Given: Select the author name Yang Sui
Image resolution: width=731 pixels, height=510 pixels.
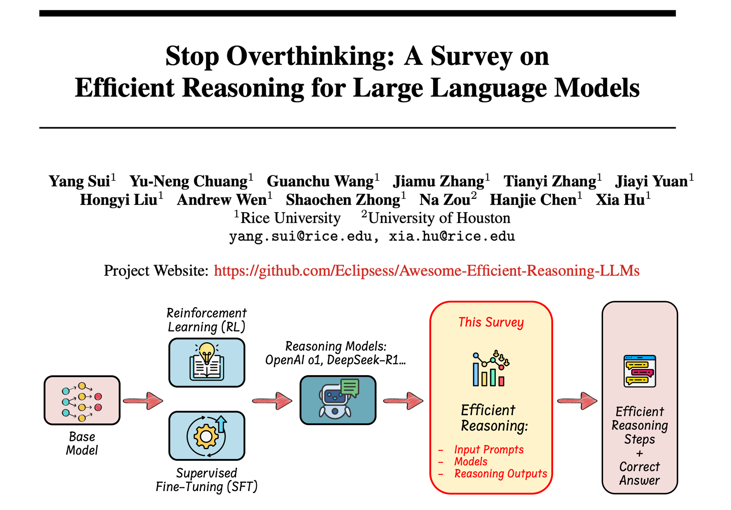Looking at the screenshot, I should tap(79, 181).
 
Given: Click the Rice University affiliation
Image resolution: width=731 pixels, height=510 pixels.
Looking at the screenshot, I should tap(290, 218).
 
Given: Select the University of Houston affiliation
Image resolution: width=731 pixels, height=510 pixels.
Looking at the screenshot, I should tap(439, 218).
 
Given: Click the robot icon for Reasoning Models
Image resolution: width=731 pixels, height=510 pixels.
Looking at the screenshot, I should tap(338, 400).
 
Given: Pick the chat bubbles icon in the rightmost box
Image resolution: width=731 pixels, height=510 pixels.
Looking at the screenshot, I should tap(639, 371).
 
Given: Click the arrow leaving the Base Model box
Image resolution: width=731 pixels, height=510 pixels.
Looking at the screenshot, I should tap(143, 401).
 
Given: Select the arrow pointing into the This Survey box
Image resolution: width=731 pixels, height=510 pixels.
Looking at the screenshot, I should tap(403, 401).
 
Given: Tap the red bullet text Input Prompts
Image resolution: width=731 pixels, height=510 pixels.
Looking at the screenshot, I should tap(489, 449).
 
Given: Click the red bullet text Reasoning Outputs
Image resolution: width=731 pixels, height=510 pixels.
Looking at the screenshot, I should tap(501, 474).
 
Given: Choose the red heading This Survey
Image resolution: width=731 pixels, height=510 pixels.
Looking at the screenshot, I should tap(491, 322).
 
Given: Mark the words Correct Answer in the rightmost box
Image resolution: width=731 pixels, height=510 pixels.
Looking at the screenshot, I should tap(639, 474).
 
